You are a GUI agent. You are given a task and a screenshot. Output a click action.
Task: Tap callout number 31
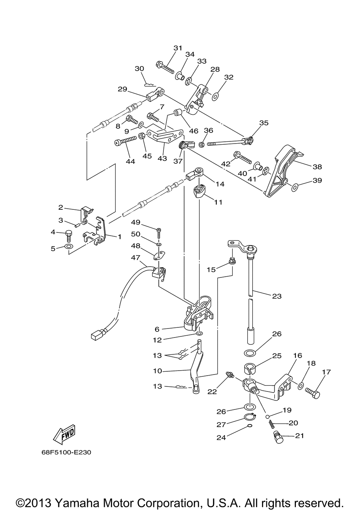178,48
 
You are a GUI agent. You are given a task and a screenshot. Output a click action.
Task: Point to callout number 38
317,167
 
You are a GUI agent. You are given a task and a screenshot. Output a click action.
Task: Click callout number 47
135,258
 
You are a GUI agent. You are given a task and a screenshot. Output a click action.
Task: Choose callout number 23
277,296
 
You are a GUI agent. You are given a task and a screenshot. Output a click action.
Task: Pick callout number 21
300,436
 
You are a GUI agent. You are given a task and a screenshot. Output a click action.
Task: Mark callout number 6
157,329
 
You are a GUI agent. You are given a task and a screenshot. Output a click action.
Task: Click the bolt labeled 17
312,393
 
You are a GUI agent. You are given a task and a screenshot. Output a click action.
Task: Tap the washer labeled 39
294,187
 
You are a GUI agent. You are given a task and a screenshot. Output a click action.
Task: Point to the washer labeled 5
68,247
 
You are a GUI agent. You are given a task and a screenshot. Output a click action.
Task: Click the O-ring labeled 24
249,427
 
